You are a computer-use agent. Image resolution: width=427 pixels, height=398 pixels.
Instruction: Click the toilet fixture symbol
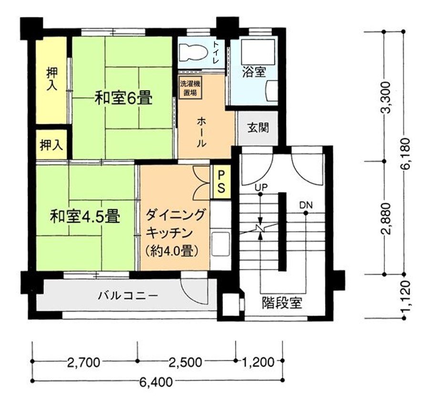pos(192,52)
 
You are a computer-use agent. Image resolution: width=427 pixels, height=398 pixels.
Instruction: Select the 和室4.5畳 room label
pos(85,216)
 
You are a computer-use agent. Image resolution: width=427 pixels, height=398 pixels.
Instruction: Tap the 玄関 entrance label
pos(258,128)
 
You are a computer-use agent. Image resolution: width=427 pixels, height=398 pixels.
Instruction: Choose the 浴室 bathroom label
pos(254,72)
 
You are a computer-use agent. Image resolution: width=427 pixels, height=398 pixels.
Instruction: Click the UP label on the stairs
pos(261,187)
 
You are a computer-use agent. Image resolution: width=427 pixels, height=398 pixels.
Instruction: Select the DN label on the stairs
pos(306,205)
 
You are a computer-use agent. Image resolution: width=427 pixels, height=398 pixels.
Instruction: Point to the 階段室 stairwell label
pos(282,302)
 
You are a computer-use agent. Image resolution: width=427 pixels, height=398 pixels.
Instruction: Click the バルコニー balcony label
pos(128,295)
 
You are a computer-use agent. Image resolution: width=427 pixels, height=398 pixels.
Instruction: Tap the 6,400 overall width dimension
pos(156,382)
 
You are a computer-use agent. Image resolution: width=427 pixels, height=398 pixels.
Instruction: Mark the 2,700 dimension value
pos(84,362)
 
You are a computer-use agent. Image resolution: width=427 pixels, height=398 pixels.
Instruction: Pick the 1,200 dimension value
pos(258,362)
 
